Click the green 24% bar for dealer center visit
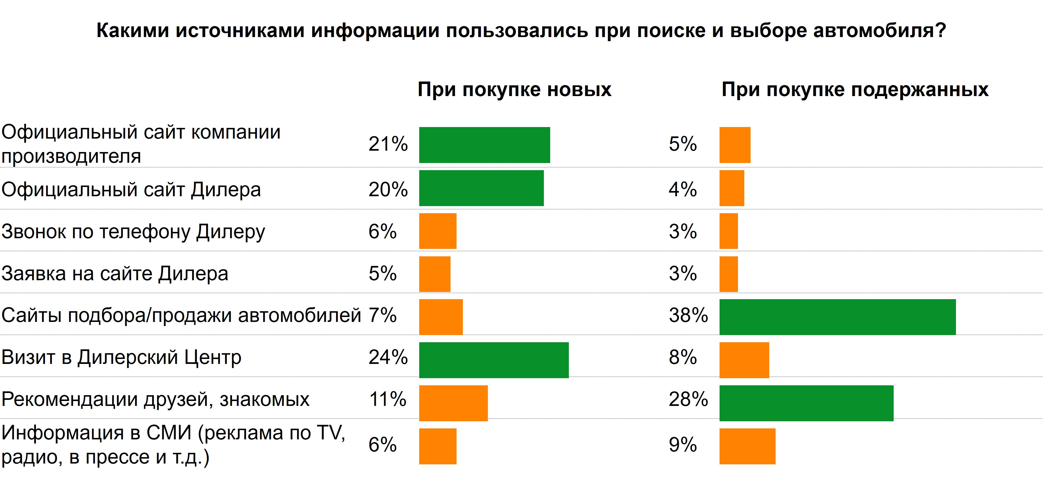494,360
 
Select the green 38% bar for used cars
837,317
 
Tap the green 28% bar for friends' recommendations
806,403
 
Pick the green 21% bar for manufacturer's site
484,145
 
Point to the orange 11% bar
453,403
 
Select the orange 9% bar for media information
747,446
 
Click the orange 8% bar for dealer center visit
744,360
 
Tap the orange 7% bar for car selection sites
441,317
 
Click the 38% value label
688,315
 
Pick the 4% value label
683,189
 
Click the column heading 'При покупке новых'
514,89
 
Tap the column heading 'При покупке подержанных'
855,89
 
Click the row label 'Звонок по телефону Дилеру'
133,232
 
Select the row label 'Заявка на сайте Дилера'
115,274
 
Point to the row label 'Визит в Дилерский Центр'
121,357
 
